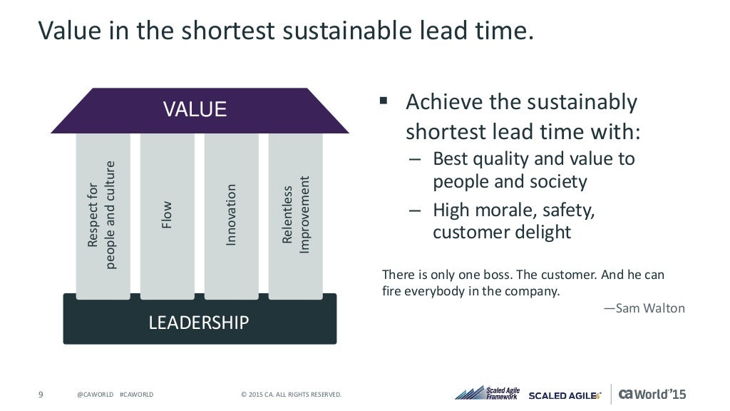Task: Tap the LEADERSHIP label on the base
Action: (198, 323)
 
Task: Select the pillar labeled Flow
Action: (167, 214)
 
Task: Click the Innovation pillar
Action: (231, 214)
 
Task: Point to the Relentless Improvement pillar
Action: (295, 214)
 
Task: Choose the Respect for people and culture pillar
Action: (103, 214)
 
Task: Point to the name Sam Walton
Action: (644, 308)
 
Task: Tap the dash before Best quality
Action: (415, 159)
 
